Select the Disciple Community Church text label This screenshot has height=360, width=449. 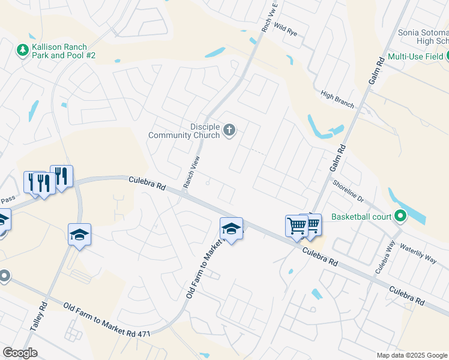184,131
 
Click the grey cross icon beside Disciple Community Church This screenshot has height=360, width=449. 229,130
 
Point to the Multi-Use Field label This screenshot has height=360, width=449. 415,56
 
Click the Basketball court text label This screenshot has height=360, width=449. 360,217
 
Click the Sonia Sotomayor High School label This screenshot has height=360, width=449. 423,37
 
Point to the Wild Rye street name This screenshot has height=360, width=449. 285,28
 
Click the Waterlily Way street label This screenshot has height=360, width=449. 418,254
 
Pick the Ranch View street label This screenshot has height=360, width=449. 191,172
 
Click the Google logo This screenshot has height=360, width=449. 20,353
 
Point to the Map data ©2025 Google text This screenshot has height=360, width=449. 411,355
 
